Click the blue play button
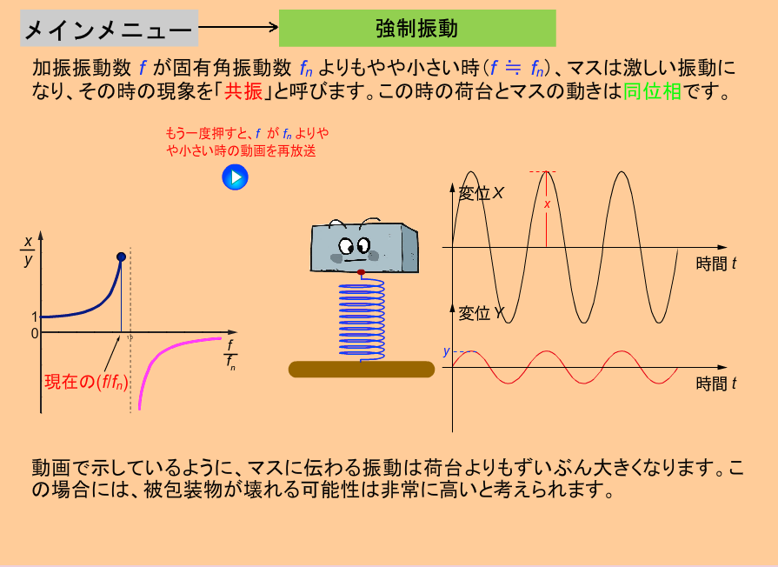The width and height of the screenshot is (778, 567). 235,177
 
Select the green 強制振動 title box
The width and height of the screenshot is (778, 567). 417,29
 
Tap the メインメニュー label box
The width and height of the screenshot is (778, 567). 110,29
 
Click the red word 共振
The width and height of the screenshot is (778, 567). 243,91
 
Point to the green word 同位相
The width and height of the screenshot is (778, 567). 653,91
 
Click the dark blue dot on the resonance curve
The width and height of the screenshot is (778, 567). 121,257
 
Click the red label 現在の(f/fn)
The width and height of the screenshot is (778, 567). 86,382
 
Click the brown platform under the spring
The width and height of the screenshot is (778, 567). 362,370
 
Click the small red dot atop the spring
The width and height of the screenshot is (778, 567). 362,272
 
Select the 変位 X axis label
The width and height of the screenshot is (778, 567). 481,193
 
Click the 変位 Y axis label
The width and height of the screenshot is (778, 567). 481,313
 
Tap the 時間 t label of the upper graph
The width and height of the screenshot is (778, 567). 716,263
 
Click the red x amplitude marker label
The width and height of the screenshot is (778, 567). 548,204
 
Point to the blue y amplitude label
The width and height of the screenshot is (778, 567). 446,351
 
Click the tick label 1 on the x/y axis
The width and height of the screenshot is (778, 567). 34,317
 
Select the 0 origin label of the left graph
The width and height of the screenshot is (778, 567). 34,334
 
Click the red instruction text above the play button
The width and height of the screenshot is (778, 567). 247,142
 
